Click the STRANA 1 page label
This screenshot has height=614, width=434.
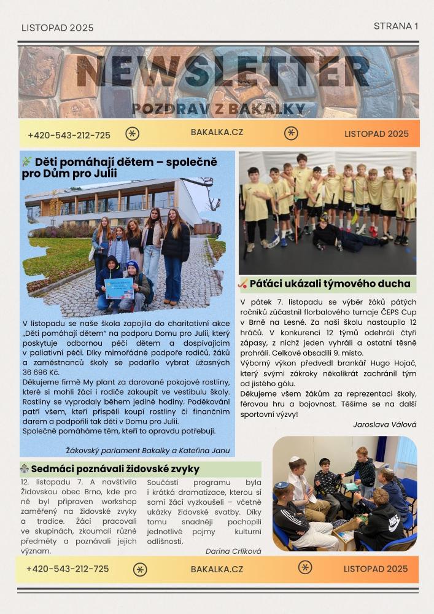pos(395,26)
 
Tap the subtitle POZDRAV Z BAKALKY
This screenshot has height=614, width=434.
pos(219,109)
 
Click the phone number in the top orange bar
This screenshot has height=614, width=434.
pos(69,135)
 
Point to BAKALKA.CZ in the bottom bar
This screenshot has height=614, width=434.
pos(217,569)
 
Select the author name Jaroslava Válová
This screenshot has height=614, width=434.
pos(384,424)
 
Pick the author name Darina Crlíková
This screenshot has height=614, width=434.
pos(233,551)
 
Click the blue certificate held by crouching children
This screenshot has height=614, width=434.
pos(118,288)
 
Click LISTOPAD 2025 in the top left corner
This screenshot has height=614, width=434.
pos(57,28)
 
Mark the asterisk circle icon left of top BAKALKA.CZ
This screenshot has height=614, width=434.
pos(132,134)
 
